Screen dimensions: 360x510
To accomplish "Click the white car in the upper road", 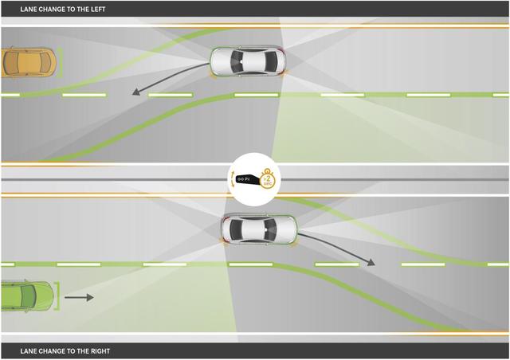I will (x=246, y=61).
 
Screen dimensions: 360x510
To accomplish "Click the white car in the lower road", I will (x=258, y=229).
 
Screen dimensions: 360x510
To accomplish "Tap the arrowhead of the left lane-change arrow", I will (x=136, y=92).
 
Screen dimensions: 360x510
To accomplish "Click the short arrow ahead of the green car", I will (x=79, y=298).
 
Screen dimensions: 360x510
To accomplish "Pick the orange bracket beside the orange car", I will (x=59, y=62).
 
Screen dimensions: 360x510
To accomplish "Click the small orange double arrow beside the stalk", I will (x=233, y=180).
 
